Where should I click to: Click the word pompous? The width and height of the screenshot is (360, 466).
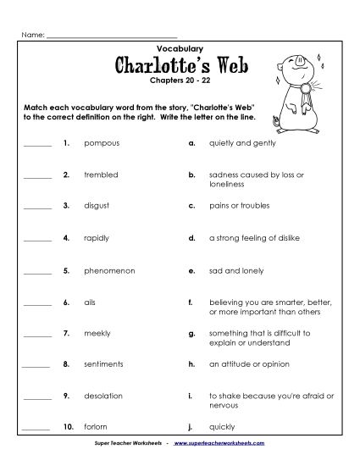pos(102,144)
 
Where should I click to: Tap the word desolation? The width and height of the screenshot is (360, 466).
pos(103,396)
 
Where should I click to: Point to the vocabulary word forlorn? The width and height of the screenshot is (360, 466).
pos(97,426)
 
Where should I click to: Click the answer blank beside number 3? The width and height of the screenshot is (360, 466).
pos(38,208)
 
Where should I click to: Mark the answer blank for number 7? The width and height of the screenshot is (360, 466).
pos(38,335)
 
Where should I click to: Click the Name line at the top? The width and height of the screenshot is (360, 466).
pos(110,37)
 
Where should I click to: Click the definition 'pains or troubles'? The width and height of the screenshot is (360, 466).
pos(237,206)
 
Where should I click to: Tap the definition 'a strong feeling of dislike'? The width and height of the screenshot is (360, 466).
pos(254,238)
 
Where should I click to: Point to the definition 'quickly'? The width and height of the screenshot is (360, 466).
pos(222,426)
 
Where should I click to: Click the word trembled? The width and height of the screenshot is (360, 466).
pos(102,175)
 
